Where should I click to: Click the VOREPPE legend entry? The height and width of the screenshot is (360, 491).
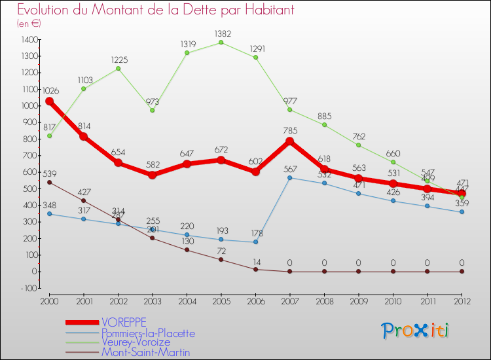tap(124, 322)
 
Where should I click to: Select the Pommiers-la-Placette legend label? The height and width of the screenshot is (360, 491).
tap(148, 333)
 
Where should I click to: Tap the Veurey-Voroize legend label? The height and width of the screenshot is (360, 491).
tap(136, 342)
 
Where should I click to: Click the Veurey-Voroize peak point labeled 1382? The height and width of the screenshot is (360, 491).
tap(221, 43)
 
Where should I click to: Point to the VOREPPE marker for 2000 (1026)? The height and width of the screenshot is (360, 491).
tap(49, 101)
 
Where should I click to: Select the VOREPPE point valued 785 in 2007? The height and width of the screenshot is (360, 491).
tap(289, 141)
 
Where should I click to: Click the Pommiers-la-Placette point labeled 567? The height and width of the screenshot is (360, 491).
tap(289, 177)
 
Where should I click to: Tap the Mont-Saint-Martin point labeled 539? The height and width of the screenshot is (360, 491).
tap(49, 182)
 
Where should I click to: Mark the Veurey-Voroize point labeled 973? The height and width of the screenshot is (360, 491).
tap(153, 110)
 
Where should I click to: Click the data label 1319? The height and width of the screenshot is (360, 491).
tap(187, 44)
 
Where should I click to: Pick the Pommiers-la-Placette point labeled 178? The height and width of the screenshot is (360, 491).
tap(255, 242)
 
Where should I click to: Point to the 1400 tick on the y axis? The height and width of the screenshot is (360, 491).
tap(29, 40)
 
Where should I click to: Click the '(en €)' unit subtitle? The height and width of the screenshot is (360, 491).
tap(29, 23)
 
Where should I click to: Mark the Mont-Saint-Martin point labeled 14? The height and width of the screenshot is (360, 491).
tap(255, 269)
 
